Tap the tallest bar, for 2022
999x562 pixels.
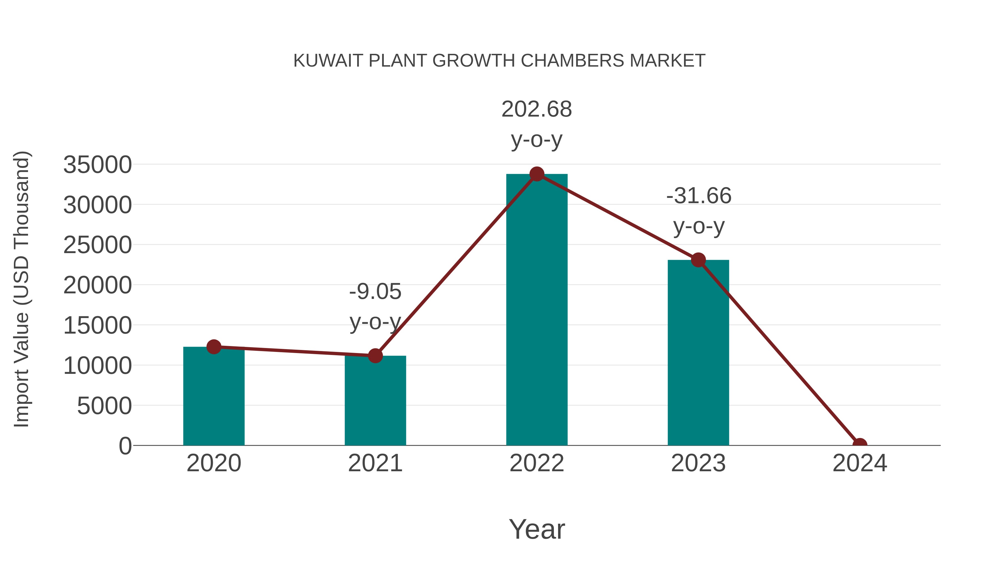tap(537, 310)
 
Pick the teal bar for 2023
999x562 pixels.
tap(698, 353)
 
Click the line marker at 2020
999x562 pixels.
tap(214, 347)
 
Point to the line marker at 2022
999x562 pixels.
tap(537, 174)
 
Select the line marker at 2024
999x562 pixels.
tap(860, 445)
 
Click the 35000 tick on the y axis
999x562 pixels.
tap(97, 165)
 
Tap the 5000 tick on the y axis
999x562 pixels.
tap(104, 406)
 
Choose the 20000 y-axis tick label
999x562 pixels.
tap(97, 286)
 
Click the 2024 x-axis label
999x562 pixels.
tap(860, 463)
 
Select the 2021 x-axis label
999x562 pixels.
tap(375, 463)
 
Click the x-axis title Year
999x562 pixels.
tap(537, 529)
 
